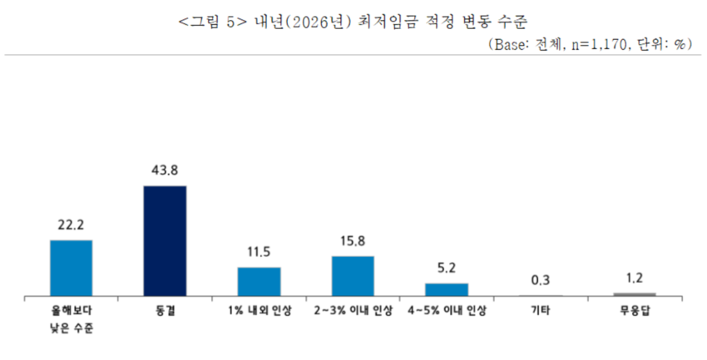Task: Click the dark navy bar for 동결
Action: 165,240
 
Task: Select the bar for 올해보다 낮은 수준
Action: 71,268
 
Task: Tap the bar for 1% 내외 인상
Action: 259,281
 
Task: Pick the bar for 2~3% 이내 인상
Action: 353,275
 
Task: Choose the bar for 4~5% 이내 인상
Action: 447,288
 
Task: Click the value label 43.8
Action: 165,170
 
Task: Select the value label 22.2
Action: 71,224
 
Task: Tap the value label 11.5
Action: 259,252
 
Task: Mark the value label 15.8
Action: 353,241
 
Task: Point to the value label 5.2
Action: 447,268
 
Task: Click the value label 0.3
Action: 541,280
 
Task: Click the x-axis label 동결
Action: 165,310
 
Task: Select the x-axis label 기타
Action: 541,310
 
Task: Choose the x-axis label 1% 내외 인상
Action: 259,310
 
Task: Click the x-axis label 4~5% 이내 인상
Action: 447,310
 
